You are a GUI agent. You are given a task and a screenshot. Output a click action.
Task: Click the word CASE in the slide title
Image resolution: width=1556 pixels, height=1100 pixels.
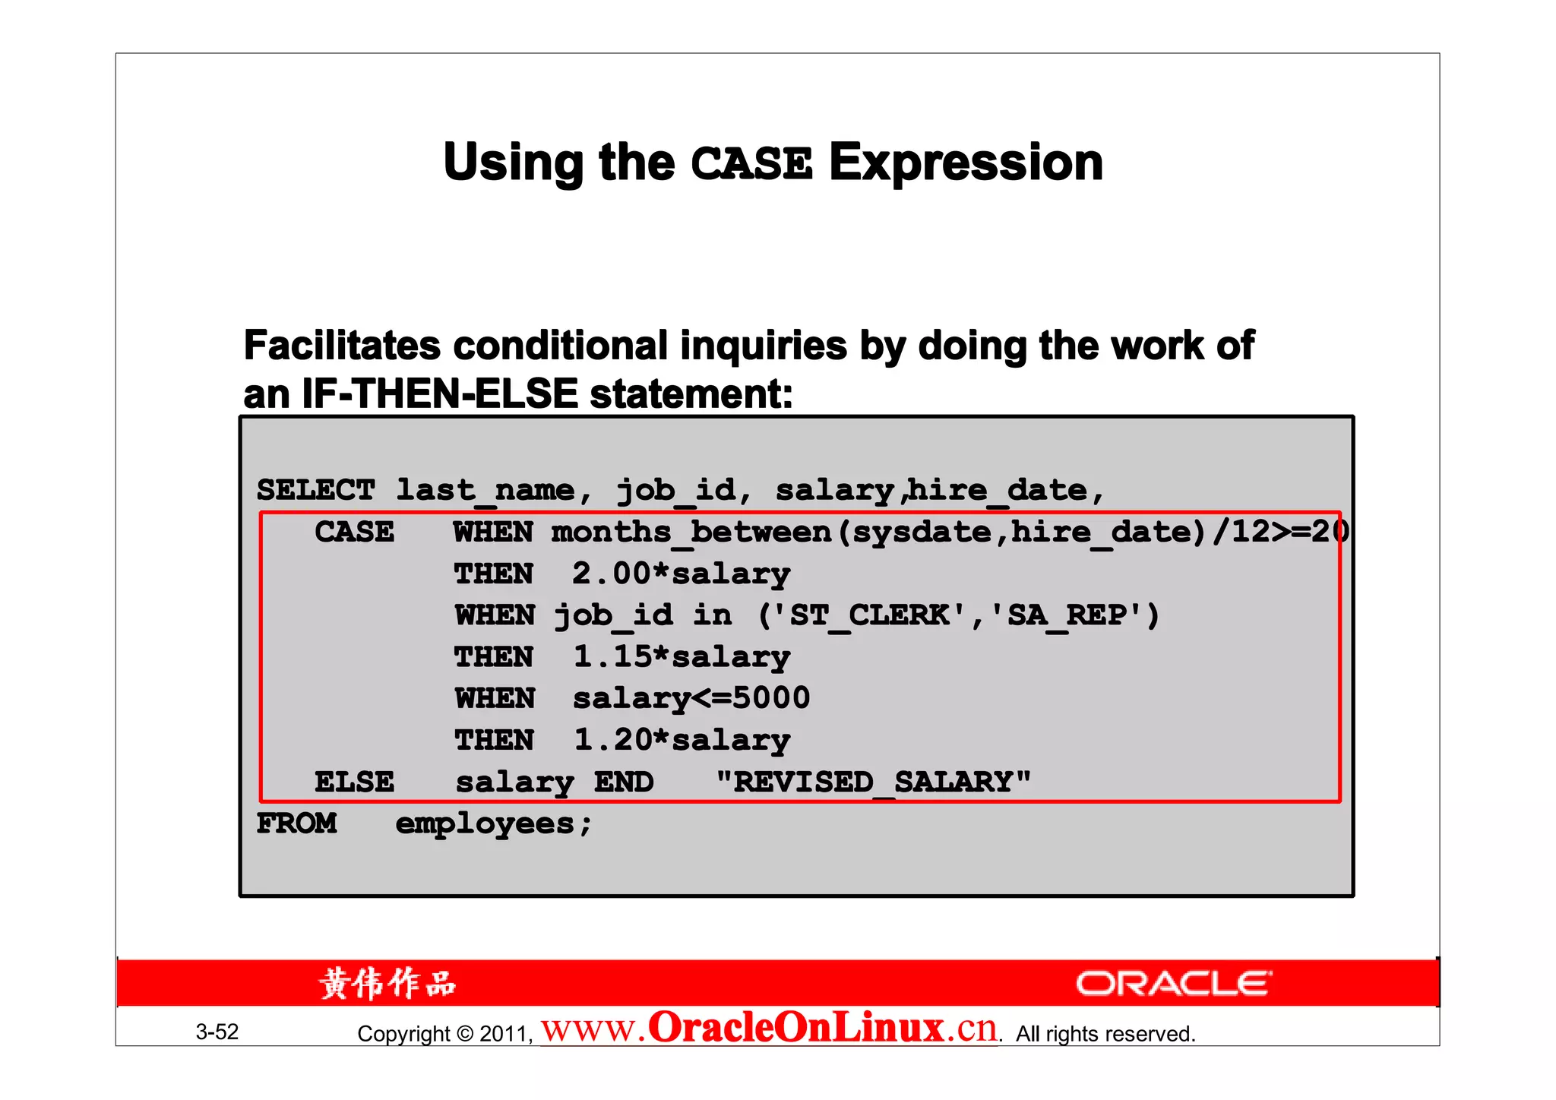[x=751, y=164]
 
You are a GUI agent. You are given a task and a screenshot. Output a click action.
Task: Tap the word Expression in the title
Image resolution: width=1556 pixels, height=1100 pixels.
[x=966, y=163]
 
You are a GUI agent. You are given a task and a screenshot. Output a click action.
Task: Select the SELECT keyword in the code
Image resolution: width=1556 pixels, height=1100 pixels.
[x=315, y=490]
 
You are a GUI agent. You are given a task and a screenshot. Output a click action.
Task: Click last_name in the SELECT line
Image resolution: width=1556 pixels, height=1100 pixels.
[x=485, y=490]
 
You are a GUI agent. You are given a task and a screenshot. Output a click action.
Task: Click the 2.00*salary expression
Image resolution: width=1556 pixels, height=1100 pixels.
[x=681, y=574]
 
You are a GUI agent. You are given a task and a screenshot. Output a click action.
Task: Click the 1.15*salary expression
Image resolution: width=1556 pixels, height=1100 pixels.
[x=681, y=656]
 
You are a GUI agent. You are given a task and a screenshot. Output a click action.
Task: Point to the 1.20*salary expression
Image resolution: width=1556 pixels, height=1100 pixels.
[x=681, y=740]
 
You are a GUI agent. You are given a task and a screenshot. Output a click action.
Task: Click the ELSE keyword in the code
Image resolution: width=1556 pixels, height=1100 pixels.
[x=355, y=782]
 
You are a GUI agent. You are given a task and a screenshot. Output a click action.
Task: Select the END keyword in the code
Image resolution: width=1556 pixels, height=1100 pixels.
[x=624, y=782]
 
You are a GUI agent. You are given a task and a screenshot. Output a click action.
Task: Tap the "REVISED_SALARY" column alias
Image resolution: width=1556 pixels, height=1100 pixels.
[x=874, y=782]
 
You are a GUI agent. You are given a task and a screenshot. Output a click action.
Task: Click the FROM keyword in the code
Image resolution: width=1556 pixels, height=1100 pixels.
[x=296, y=823]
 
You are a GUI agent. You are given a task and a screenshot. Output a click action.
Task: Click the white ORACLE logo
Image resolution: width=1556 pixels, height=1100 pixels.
[x=1173, y=984]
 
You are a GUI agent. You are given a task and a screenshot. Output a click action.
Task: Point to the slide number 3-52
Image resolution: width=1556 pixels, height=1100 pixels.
[x=217, y=1032]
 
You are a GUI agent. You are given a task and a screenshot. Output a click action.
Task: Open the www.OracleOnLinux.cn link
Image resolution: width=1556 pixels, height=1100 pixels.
[x=769, y=1029]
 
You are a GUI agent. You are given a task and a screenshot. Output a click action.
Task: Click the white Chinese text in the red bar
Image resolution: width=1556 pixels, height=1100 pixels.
[x=387, y=984]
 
